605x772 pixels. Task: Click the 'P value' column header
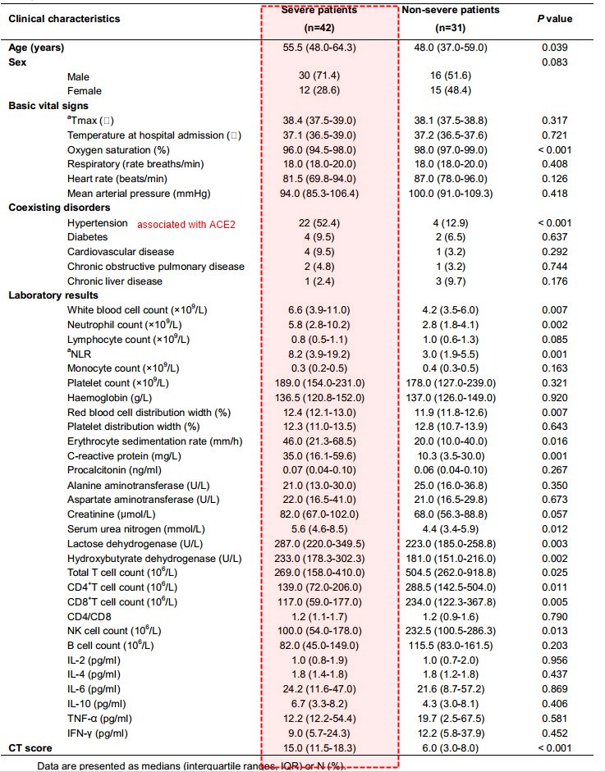point(555,18)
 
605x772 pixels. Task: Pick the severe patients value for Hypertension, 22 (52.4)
point(328,223)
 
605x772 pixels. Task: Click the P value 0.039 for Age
point(555,48)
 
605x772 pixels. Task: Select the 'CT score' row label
point(30,748)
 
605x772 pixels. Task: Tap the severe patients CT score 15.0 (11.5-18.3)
point(328,748)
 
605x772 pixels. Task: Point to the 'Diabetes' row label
point(86,237)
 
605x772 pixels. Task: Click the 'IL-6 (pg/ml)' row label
point(94,689)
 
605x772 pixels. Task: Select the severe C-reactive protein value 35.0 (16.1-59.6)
point(328,455)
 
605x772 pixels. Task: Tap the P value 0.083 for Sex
point(555,62)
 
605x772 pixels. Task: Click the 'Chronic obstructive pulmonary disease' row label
point(156,267)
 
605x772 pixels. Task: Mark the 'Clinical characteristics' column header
point(64,18)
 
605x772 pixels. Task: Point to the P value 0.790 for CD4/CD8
point(555,615)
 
